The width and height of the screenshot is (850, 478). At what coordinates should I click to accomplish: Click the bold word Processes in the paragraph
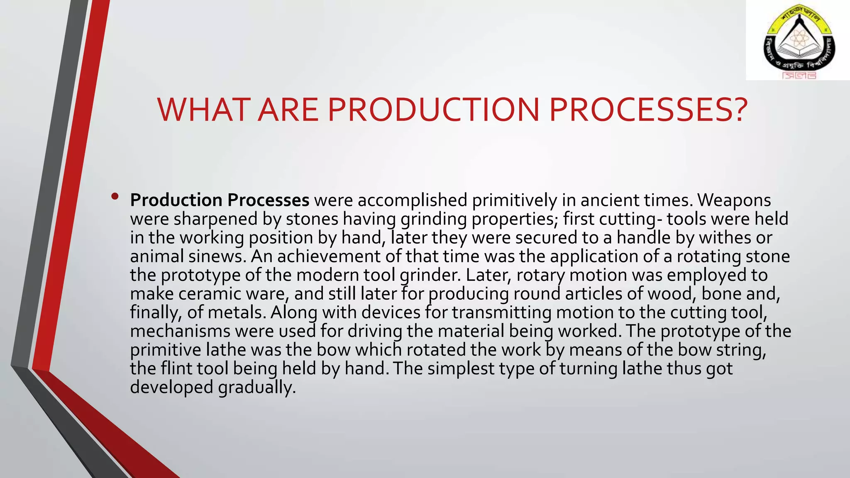click(x=268, y=200)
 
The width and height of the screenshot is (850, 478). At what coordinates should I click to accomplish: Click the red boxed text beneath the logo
click(x=799, y=76)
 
